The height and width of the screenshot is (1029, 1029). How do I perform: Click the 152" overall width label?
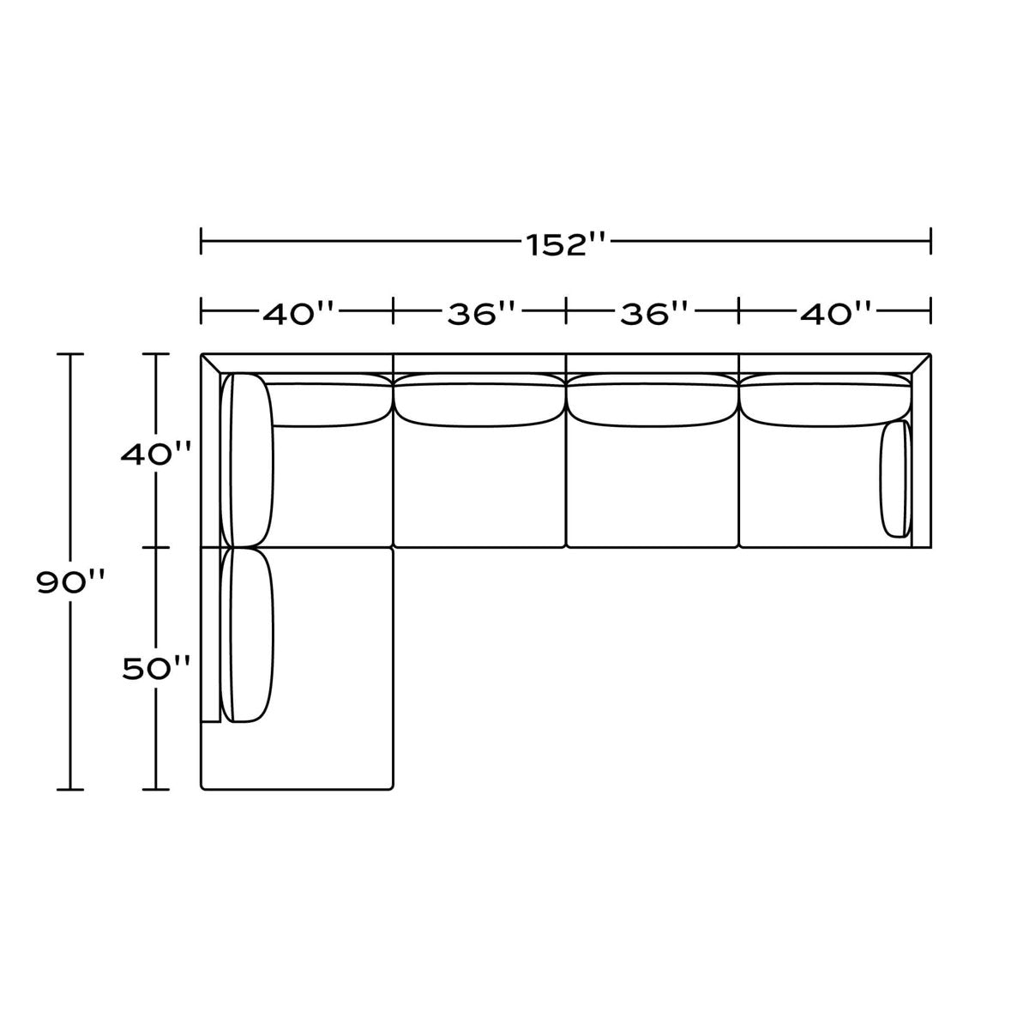click(x=566, y=245)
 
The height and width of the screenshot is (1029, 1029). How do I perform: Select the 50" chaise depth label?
click(x=156, y=668)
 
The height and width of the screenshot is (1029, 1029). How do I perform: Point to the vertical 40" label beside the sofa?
click(x=155, y=454)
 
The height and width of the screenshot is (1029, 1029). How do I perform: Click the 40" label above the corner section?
click(x=298, y=314)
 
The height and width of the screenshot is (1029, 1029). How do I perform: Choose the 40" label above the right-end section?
click(x=835, y=314)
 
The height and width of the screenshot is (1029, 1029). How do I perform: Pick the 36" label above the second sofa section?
click(x=481, y=314)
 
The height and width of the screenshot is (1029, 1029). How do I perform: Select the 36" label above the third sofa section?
click(x=653, y=314)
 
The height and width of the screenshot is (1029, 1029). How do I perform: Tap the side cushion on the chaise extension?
click(x=247, y=635)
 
